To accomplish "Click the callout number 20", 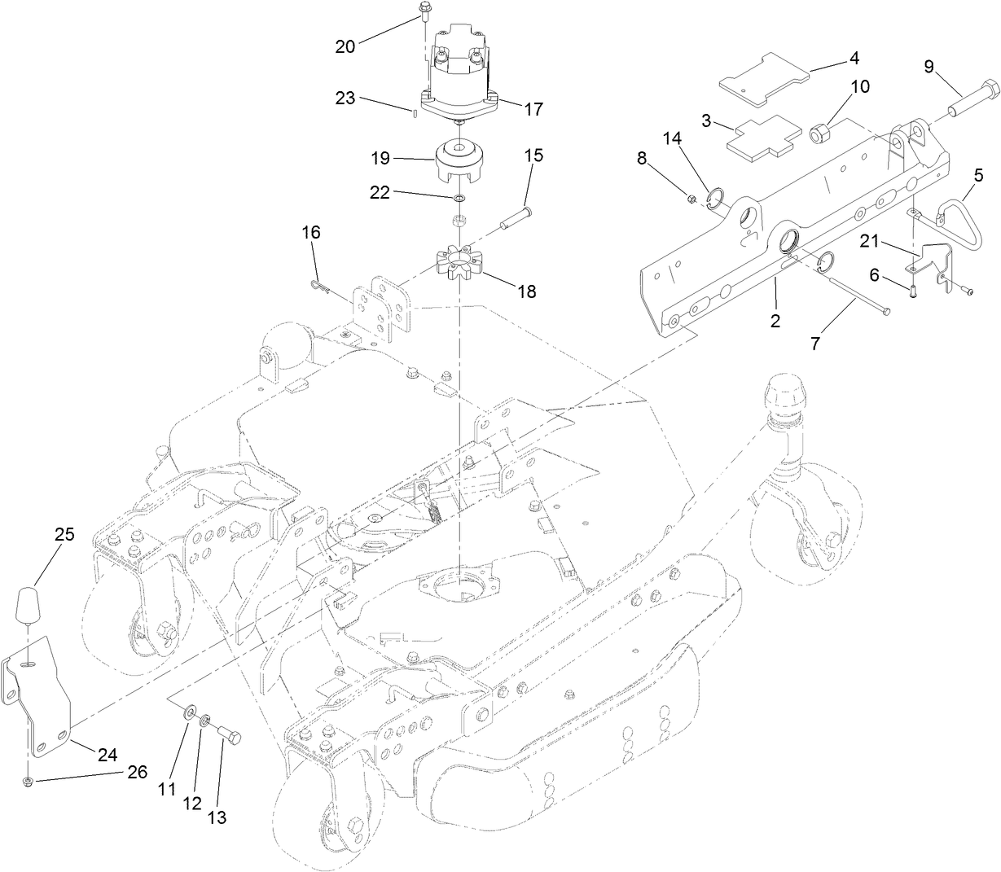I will tap(345, 46).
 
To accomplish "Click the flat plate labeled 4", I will tap(765, 80).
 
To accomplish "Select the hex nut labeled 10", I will tap(820, 129).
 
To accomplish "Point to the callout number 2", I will tap(775, 321).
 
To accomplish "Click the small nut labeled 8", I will tap(691, 197).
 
